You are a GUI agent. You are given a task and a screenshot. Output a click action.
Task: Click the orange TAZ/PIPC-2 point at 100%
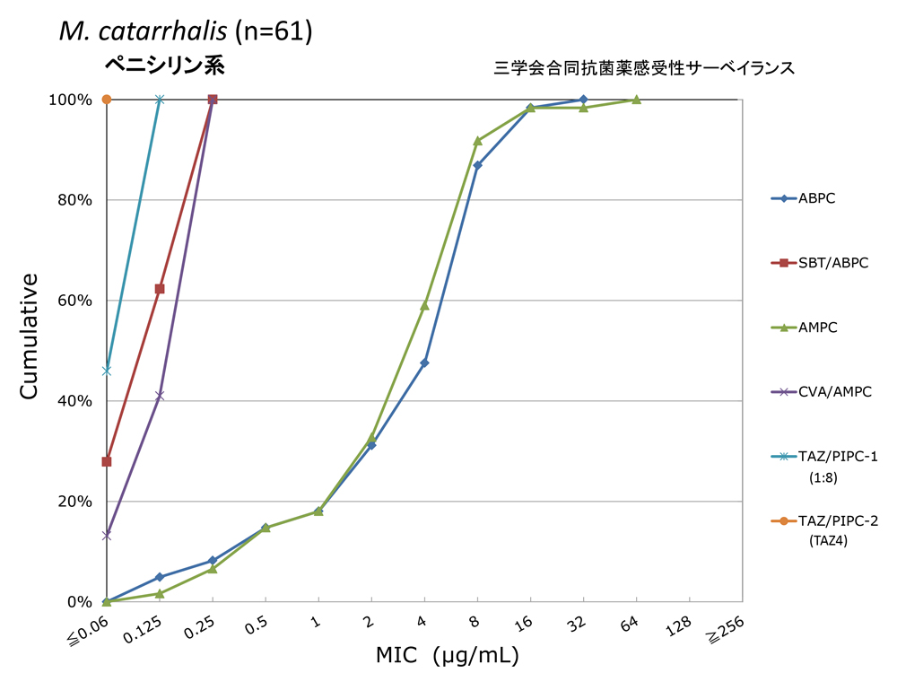click(x=107, y=99)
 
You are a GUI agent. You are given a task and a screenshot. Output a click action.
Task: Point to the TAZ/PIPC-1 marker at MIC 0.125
click(x=160, y=99)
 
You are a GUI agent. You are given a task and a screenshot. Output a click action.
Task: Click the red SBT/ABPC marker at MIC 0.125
click(x=160, y=289)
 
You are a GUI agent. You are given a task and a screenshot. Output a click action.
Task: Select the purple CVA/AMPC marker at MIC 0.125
click(x=160, y=396)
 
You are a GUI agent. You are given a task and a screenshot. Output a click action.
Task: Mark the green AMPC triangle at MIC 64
click(x=636, y=100)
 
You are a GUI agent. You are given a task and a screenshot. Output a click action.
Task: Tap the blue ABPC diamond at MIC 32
click(x=583, y=99)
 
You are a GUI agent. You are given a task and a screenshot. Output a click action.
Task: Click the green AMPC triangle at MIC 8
click(x=477, y=141)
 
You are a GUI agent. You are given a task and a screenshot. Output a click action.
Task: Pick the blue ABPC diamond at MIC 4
click(x=424, y=363)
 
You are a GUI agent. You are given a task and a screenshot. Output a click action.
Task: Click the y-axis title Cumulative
click(x=30, y=336)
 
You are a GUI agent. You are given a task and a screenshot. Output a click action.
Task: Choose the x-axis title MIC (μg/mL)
click(x=446, y=656)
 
